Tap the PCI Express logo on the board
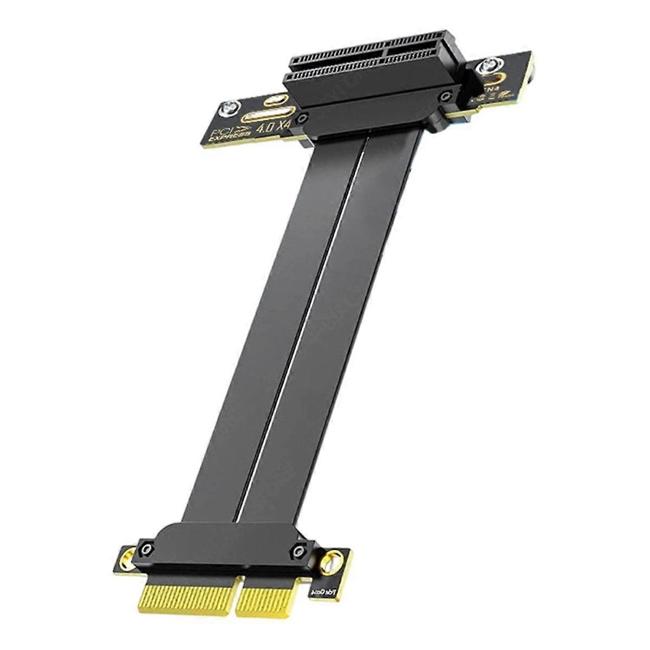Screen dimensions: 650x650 coord(227,133)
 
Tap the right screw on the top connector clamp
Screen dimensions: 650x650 coord(445,97)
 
